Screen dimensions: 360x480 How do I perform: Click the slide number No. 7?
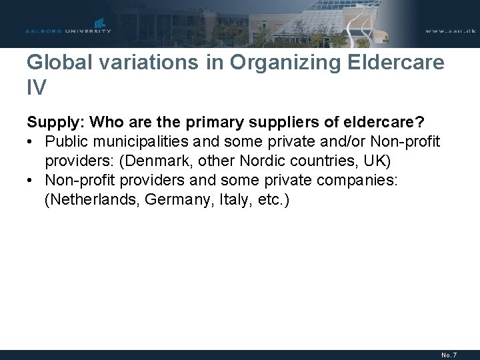click(450, 355)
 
